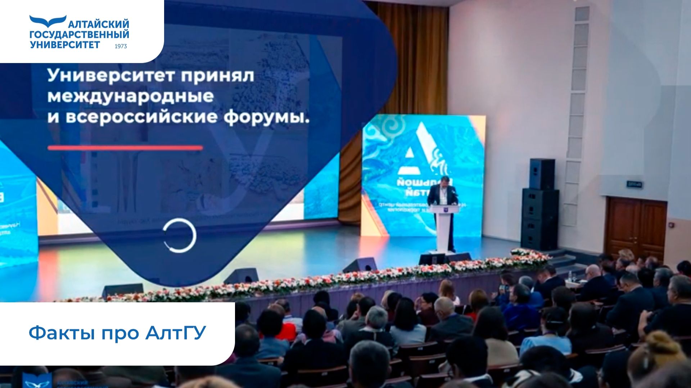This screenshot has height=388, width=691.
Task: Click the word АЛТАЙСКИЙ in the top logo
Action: click(x=98, y=24)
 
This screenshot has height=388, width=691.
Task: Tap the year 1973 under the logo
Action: click(x=121, y=46)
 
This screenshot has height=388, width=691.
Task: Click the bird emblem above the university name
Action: click(x=48, y=21)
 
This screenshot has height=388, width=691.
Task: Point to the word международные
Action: click(x=131, y=96)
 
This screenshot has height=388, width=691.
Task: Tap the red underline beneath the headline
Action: click(x=125, y=148)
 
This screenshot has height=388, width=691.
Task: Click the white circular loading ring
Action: click(x=179, y=235)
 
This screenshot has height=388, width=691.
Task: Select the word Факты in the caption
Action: click(x=62, y=333)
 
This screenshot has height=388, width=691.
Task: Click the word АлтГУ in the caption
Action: click(x=176, y=333)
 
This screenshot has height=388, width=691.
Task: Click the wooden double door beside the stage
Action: click(x=636, y=227)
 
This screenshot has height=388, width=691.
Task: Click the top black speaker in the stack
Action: click(x=542, y=174)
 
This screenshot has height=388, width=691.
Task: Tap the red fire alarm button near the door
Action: click(x=671, y=225)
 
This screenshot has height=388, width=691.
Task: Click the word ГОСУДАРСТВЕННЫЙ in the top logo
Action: click(x=79, y=35)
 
